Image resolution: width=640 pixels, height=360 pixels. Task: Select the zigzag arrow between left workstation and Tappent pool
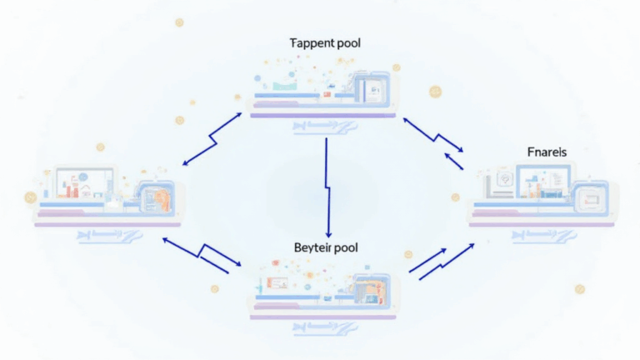(212, 137)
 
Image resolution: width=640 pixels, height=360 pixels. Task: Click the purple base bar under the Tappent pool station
(320, 114)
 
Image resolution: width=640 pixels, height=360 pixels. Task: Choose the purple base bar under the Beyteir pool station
(320, 317)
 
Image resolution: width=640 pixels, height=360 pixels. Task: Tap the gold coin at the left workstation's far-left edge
(31, 197)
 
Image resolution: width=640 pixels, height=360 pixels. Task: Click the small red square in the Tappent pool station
(327, 95)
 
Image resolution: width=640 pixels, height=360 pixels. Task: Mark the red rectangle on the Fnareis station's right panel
(593, 200)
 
